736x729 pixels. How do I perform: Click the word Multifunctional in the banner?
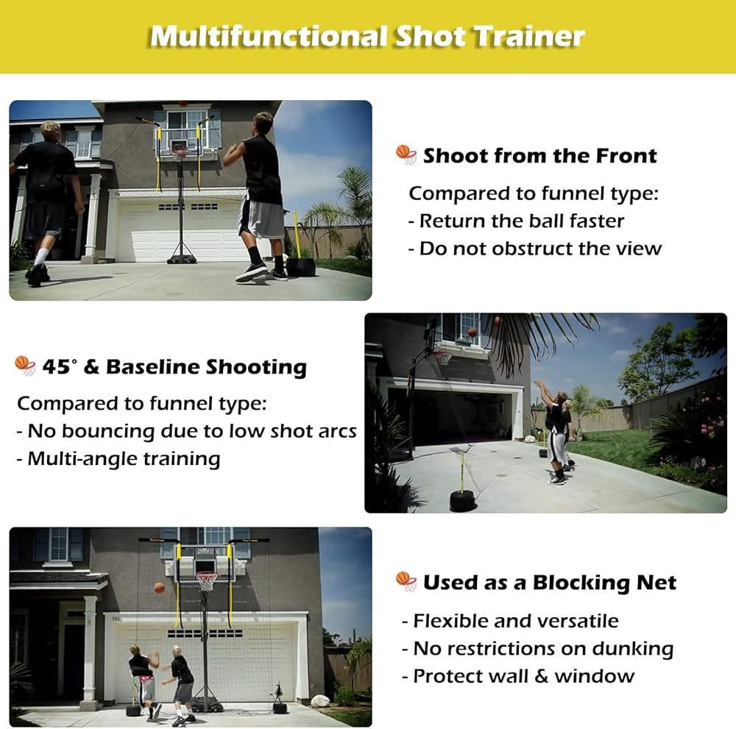[269, 36]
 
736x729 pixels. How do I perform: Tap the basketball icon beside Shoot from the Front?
[406, 154]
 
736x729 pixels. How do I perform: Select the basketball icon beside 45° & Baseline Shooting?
[25, 366]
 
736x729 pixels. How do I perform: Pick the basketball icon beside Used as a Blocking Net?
[406, 581]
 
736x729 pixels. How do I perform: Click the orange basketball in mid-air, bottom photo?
[159, 588]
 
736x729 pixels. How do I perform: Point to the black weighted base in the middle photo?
[463, 500]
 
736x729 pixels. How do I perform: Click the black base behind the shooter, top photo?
[301, 267]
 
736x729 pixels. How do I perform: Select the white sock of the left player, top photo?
[40, 257]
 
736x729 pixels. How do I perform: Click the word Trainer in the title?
[528, 36]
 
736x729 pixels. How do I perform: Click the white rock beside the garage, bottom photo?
[321, 701]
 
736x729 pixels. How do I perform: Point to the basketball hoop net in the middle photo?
[442, 359]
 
